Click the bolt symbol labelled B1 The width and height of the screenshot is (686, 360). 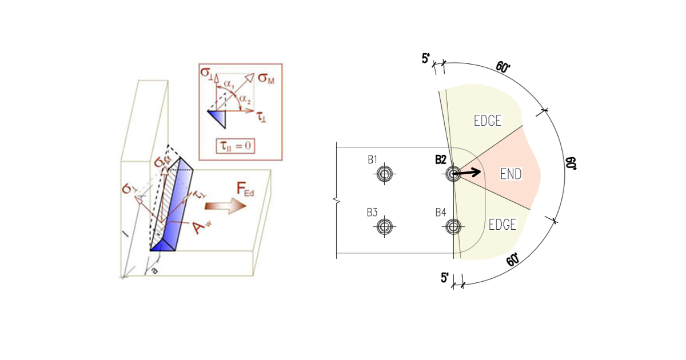click(385, 174)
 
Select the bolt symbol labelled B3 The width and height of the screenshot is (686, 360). click(385, 227)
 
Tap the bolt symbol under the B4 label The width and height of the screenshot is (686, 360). click(453, 227)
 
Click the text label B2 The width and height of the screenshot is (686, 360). click(440, 159)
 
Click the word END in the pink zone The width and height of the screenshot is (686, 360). click(510, 174)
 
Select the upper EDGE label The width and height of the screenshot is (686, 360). click(488, 121)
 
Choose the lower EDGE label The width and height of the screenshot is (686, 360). click(502, 225)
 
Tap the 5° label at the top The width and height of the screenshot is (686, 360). click(426, 59)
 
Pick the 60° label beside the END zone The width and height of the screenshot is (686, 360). click(572, 165)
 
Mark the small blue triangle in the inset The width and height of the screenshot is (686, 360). click(218, 118)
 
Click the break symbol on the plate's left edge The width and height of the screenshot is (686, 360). click(336, 200)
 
